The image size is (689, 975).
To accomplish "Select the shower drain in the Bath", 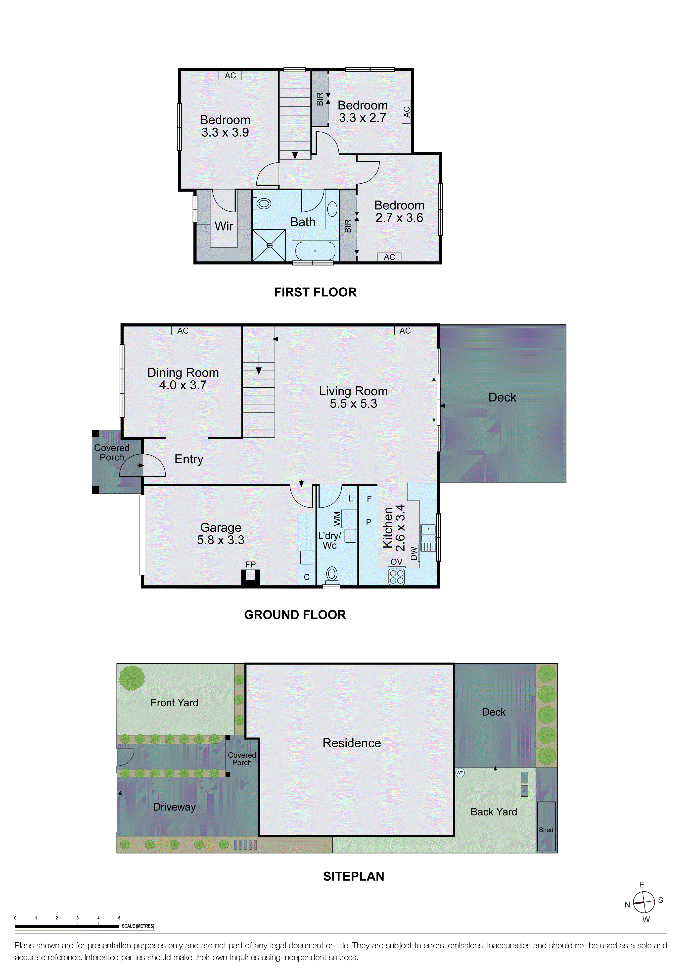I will (x=270, y=246).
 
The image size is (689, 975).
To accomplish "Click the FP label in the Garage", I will (x=250, y=564).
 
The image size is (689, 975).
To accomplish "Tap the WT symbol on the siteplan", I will (x=460, y=773).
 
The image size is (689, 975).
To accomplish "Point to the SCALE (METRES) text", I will (x=138, y=926).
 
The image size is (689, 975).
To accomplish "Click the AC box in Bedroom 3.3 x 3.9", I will (x=230, y=76).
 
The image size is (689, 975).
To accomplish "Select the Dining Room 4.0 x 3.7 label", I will (x=183, y=379).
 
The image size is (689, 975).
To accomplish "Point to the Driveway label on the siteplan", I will (x=175, y=807).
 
